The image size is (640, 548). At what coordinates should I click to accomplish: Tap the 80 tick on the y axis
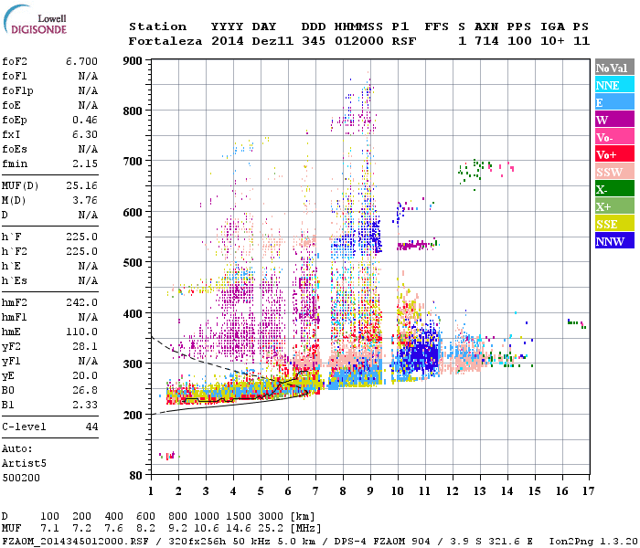(x=135, y=475)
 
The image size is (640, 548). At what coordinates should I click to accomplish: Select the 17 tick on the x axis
(x=586, y=490)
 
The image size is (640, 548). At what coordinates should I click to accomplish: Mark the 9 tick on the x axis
(x=369, y=490)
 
